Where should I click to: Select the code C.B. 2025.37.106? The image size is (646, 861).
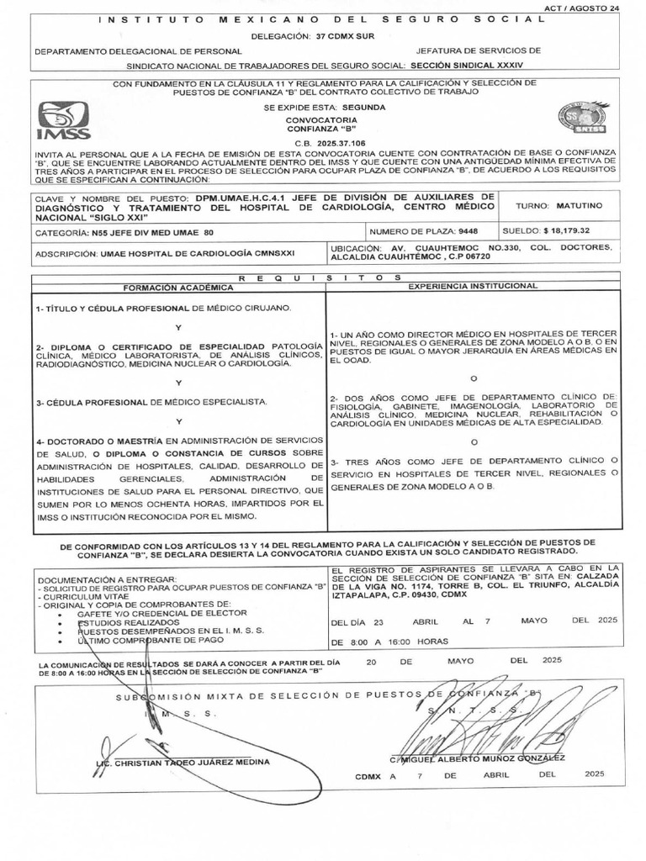click(x=322, y=143)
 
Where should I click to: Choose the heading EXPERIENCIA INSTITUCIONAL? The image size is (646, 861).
click(x=473, y=287)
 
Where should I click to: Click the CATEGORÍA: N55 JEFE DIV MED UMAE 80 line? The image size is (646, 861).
click(x=124, y=231)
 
